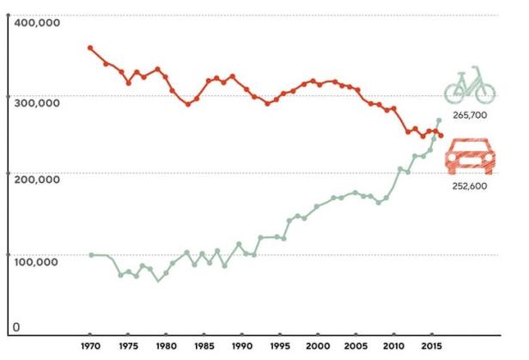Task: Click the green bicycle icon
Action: point(470,86)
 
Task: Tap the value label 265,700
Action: point(470,114)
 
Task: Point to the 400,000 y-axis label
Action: point(35,24)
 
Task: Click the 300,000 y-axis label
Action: point(35,102)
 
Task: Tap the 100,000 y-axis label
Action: point(35,260)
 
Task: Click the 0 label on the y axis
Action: point(15,327)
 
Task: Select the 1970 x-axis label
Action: point(89,346)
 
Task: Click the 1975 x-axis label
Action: point(127,346)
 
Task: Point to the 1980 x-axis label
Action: point(165,346)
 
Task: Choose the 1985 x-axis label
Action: point(204,346)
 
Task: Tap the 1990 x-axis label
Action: point(241,346)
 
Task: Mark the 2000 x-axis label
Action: point(317,346)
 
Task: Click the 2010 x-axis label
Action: point(393,346)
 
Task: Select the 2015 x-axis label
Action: point(431,346)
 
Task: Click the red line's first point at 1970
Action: point(90,47)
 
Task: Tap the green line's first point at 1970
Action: point(90,254)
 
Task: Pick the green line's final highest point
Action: point(439,120)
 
